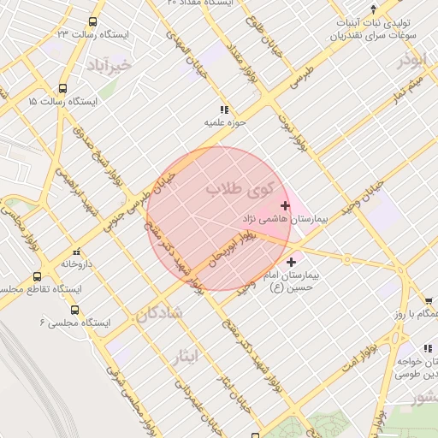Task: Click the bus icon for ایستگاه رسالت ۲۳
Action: pyautogui.click(x=92, y=23)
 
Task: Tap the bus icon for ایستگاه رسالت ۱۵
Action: pyautogui.click(x=62, y=88)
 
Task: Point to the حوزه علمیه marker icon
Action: pyautogui.click(x=224, y=110)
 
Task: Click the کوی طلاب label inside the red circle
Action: pyautogui.click(x=239, y=188)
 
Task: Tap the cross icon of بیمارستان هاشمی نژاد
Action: pyautogui.click(x=285, y=205)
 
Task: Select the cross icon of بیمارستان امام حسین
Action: pyautogui.click(x=292, y=263)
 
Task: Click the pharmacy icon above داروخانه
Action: pyautogui.click(x=77, y=252)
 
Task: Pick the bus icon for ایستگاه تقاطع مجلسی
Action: pyautogui.click(x=37, y=277)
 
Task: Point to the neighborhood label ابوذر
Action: pyautogui.click(x=411, y=62)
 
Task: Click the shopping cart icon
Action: pyautogui.click(x=429, y=300)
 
